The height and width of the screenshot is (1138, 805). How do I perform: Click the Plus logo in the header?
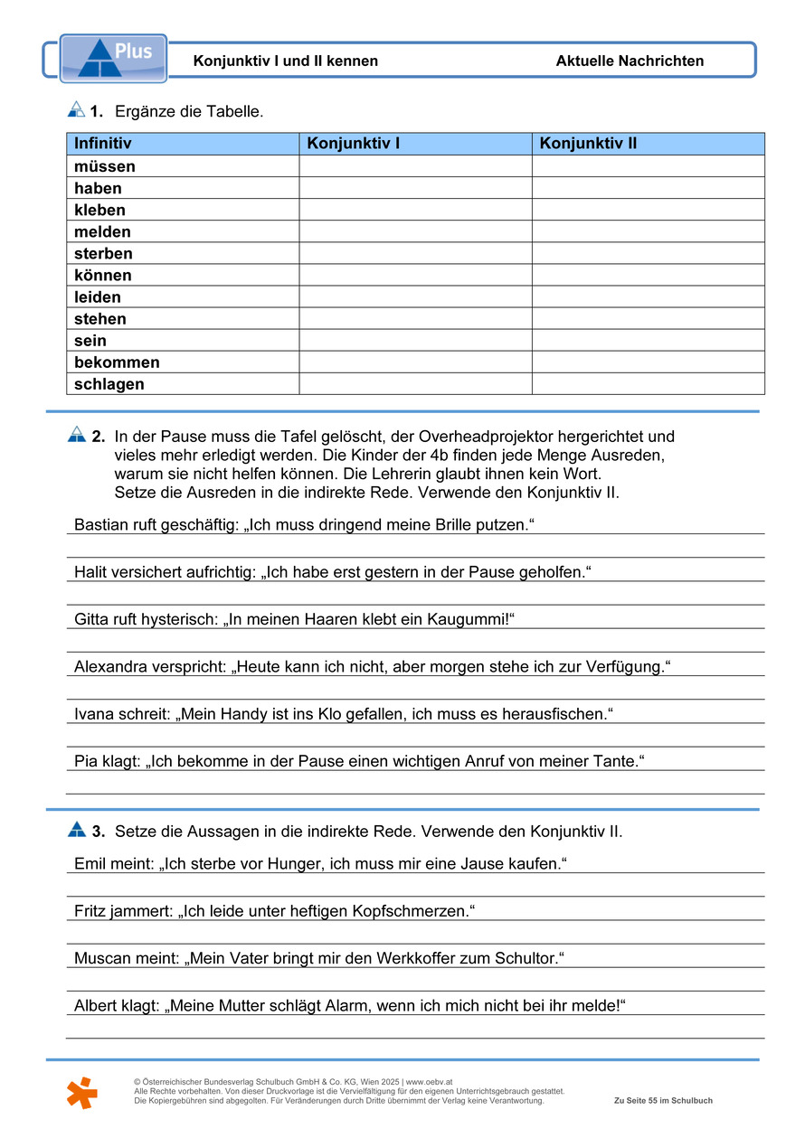(113, 59)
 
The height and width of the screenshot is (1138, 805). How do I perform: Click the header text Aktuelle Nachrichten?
(630, 61)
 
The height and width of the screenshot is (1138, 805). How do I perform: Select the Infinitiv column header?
(103, 144)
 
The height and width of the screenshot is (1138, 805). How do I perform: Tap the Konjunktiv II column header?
(588, 144)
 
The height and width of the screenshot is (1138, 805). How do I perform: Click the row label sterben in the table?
(103, 254)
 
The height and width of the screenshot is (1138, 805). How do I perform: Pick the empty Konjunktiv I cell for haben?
(415, 188)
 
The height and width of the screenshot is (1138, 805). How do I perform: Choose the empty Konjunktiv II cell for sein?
(648, 341)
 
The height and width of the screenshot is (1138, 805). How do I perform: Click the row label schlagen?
(109, 384)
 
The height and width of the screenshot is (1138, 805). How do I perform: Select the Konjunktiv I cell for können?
(415, 276)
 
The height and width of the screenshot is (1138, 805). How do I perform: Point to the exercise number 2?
(98, 437)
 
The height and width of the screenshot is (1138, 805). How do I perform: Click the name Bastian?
(100, 525)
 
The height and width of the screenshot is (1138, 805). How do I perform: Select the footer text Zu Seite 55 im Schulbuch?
(663, 1101)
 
